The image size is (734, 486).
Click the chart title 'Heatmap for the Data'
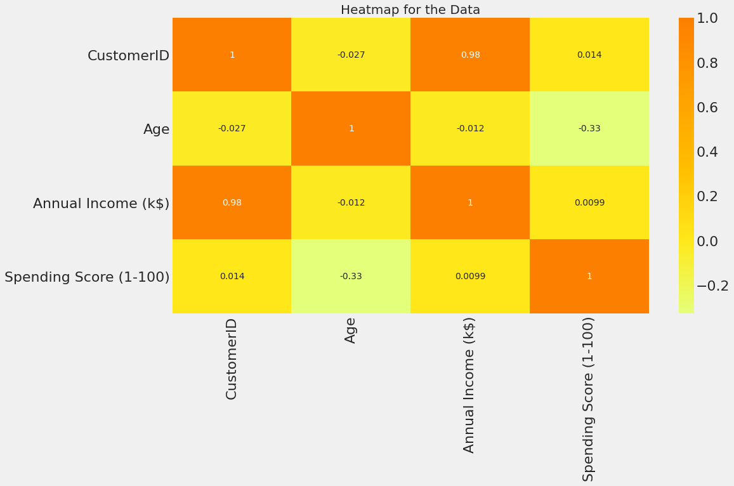coord(410,10)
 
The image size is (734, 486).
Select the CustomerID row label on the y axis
coord(128,56)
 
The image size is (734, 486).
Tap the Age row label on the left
coord(156,129)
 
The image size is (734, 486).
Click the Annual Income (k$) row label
coord(101,204)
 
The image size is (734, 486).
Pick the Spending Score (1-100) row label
coord(87,277)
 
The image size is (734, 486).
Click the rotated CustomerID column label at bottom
coord(232,359)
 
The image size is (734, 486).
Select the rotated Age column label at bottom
coord(351,331)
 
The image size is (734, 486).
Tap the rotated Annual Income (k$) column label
coord(469,384)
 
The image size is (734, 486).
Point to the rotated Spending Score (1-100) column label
coord(589,398)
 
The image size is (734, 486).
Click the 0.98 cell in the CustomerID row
coord(470,55)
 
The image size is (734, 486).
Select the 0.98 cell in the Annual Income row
coord(232,203)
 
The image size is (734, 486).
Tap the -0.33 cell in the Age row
coord(589,129)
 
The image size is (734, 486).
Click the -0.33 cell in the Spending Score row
coord(351,277)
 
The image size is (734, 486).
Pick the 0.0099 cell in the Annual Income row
coord(589,203)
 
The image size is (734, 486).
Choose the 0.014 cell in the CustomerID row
coord(589,55)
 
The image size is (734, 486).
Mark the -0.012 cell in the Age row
coord(470,129)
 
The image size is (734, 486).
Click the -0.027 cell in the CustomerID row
coord(351,55)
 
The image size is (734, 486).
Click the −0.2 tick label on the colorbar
coord(712,286)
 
